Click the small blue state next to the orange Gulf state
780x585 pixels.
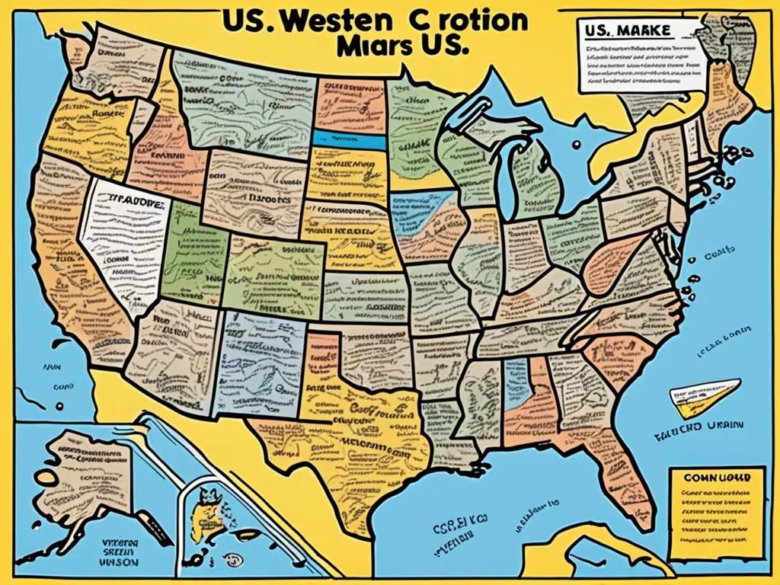pos(516,379)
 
